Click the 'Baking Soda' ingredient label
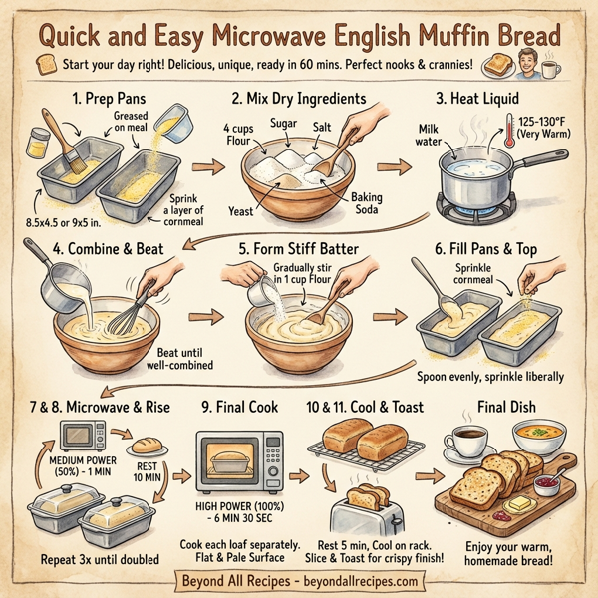(368, 205)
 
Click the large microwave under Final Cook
(244, 459)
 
